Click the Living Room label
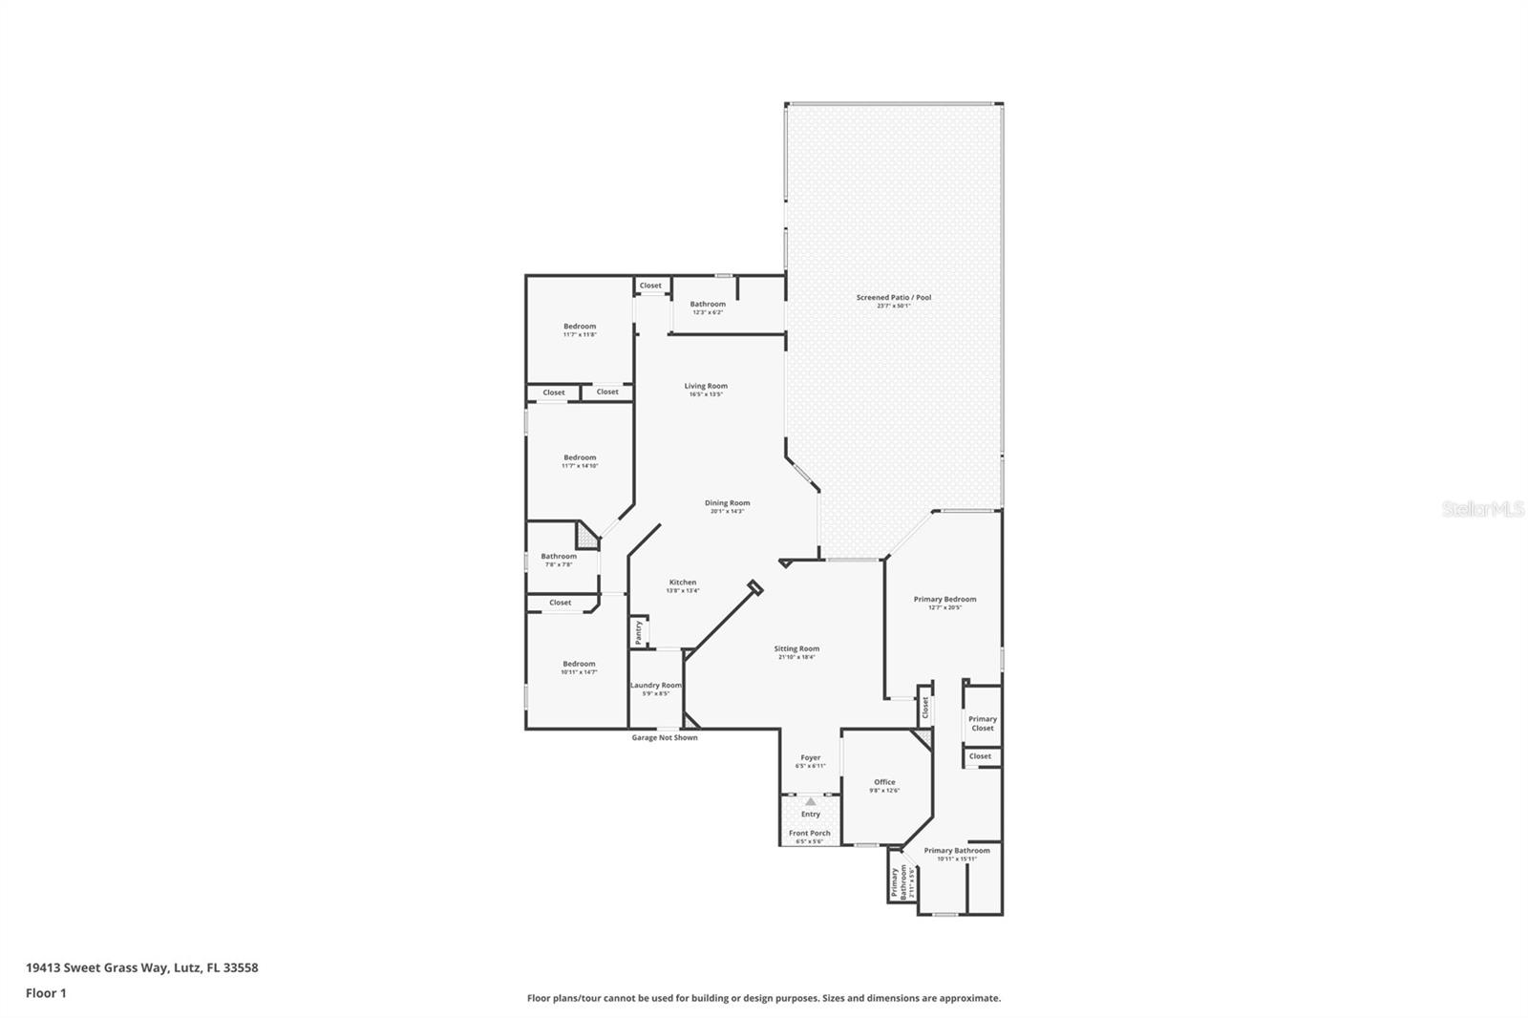[x=706, y=387]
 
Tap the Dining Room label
[x=727, y=503]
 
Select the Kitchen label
[x=683, y=583]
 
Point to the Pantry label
[x=638, y=632]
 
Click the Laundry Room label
[x=656, y=686]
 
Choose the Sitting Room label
[x=796, y=649]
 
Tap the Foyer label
[x=810, y=758]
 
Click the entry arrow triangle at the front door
[x=811, y=802]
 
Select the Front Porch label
[x=809, y=834]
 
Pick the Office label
[x=884, y=782]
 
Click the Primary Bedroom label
[x=944, y=600]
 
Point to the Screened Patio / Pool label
[x=893, y=298]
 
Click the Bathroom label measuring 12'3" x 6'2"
[x=708, y=305]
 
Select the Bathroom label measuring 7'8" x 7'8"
[x=559, y=557]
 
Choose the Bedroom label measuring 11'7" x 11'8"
[x=580, y=327]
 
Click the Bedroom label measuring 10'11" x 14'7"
[x=579, y=665]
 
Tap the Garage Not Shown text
[x=665, y=738]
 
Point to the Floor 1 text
[x=46, y=993]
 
